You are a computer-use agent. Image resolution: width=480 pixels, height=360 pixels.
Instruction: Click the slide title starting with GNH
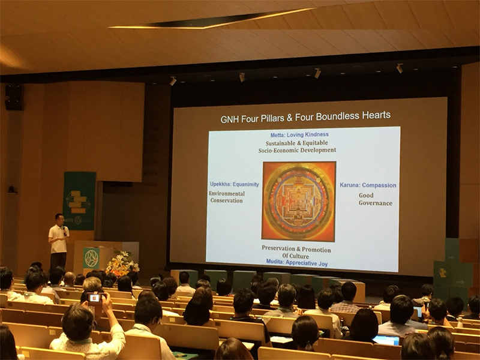(305, 117)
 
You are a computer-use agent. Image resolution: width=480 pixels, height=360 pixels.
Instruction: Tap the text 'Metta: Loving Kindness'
(299, 134)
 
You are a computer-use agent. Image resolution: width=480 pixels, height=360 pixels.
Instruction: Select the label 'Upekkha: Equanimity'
(235, 184)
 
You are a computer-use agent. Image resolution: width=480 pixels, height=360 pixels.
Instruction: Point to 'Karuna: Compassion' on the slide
(368, 185)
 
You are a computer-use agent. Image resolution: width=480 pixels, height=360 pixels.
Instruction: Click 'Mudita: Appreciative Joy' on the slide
(297, 263)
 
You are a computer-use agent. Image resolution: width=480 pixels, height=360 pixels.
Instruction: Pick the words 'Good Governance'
(376, 199)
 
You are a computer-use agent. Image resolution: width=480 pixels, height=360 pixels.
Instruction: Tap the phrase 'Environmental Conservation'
(227, 197)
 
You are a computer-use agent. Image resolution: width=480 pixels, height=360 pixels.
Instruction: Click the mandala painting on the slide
(299, 202)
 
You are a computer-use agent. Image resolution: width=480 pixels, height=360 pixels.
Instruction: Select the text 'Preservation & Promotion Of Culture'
(296, 253)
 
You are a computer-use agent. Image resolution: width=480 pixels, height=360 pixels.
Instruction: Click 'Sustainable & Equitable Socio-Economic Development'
(297, 146)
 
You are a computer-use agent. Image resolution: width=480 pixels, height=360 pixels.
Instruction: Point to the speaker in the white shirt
(58, 241)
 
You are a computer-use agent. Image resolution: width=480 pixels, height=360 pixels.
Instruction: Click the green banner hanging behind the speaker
(79, 201)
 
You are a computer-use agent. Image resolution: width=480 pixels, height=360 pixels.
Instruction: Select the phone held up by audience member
(95, 297)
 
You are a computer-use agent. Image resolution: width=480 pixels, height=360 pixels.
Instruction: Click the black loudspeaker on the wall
(14, 97)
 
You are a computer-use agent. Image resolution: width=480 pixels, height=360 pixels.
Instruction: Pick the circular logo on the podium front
(91, 259)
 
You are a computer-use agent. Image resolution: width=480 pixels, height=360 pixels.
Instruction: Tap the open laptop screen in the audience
(386, 340)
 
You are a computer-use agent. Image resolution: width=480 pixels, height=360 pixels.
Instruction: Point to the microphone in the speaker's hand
(65, 230)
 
